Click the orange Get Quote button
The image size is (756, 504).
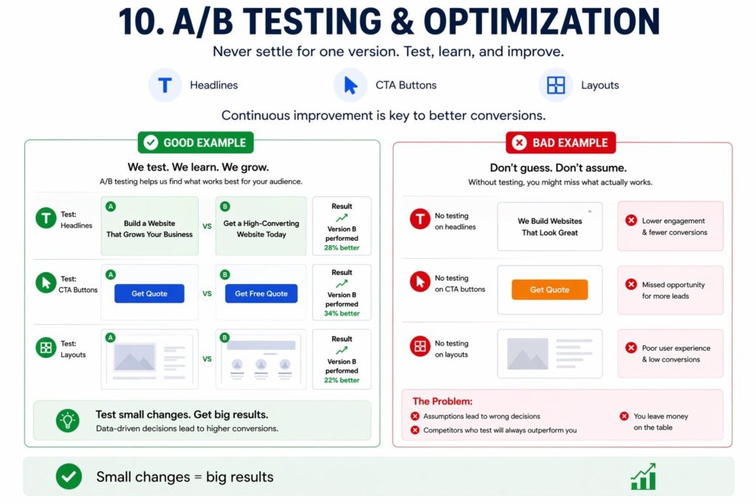click(x=549, y=289)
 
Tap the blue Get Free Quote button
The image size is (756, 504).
click(x=261, y=294)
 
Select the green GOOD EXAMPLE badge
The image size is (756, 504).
click(x=196, y=142)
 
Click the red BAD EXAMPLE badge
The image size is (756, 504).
click(x=561, y=142)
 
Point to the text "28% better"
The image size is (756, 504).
click(x=341, y=248)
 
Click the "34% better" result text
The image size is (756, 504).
click(x=341, y=313)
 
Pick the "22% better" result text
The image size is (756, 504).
click(x=341, y=380)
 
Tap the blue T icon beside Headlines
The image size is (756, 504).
click(x=165, y=86)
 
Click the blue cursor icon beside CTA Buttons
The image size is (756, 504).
click(x=351, y=86)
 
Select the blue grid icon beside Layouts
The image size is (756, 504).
click(x=556, y=86)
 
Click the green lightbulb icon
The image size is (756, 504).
click(x=67, y=421)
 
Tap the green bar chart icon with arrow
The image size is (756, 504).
click(x=644, y=477)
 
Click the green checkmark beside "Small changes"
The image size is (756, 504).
click(x=69, y=477)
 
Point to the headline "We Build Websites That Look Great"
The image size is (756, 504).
click(x=549, y=227)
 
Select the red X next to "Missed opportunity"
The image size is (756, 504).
click(x=630, y=284)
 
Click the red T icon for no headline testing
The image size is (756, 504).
click(x=420, y=218)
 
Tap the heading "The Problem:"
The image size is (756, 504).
click(x=442, y=401)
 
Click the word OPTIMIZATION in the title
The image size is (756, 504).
click(x=541, y=22)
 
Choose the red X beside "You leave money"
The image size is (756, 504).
click(x=624, y=416)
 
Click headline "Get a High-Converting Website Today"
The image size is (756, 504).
click(x=261, y=229)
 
